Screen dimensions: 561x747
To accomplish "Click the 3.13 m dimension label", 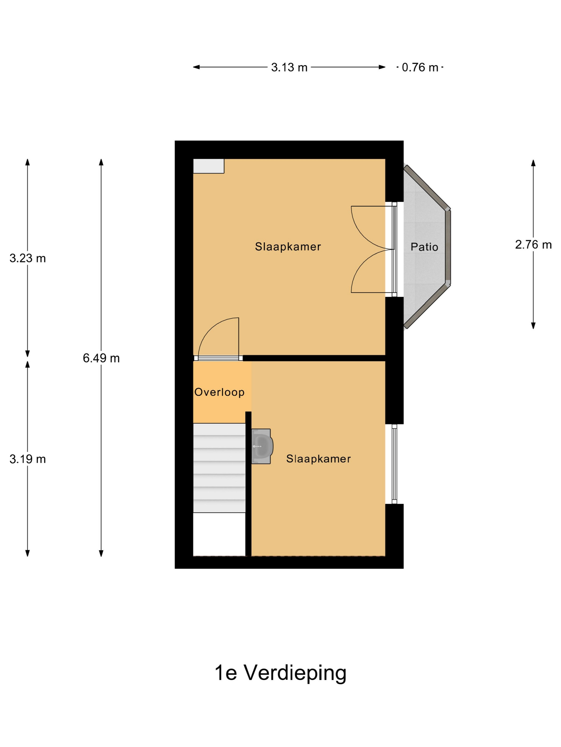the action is coord(289,67).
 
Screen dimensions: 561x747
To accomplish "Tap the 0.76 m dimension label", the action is coord(420,67).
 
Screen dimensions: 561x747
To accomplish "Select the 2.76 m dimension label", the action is coord(533,244).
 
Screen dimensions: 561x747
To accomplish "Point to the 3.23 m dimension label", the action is coord(28,258).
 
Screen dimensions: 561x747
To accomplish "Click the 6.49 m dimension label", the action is coord(101,358).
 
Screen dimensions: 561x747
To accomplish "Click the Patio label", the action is coord(424,247).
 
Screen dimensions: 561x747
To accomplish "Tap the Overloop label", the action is coord(219,392).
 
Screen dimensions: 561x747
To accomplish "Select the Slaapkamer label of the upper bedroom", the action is coord(288,247).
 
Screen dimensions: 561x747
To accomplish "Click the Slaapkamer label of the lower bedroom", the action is coord(318,459).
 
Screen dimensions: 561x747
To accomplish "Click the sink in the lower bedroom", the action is coord(262,446).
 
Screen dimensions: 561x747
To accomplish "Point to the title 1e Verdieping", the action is coord(280,673).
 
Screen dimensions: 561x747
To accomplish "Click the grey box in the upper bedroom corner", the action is coord(208,166).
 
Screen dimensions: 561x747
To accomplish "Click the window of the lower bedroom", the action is coord(394,464).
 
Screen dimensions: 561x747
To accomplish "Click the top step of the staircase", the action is coord(219,429).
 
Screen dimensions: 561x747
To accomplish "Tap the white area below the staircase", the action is coord(219,534).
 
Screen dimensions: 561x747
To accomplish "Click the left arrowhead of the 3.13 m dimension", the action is coord(196,67).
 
